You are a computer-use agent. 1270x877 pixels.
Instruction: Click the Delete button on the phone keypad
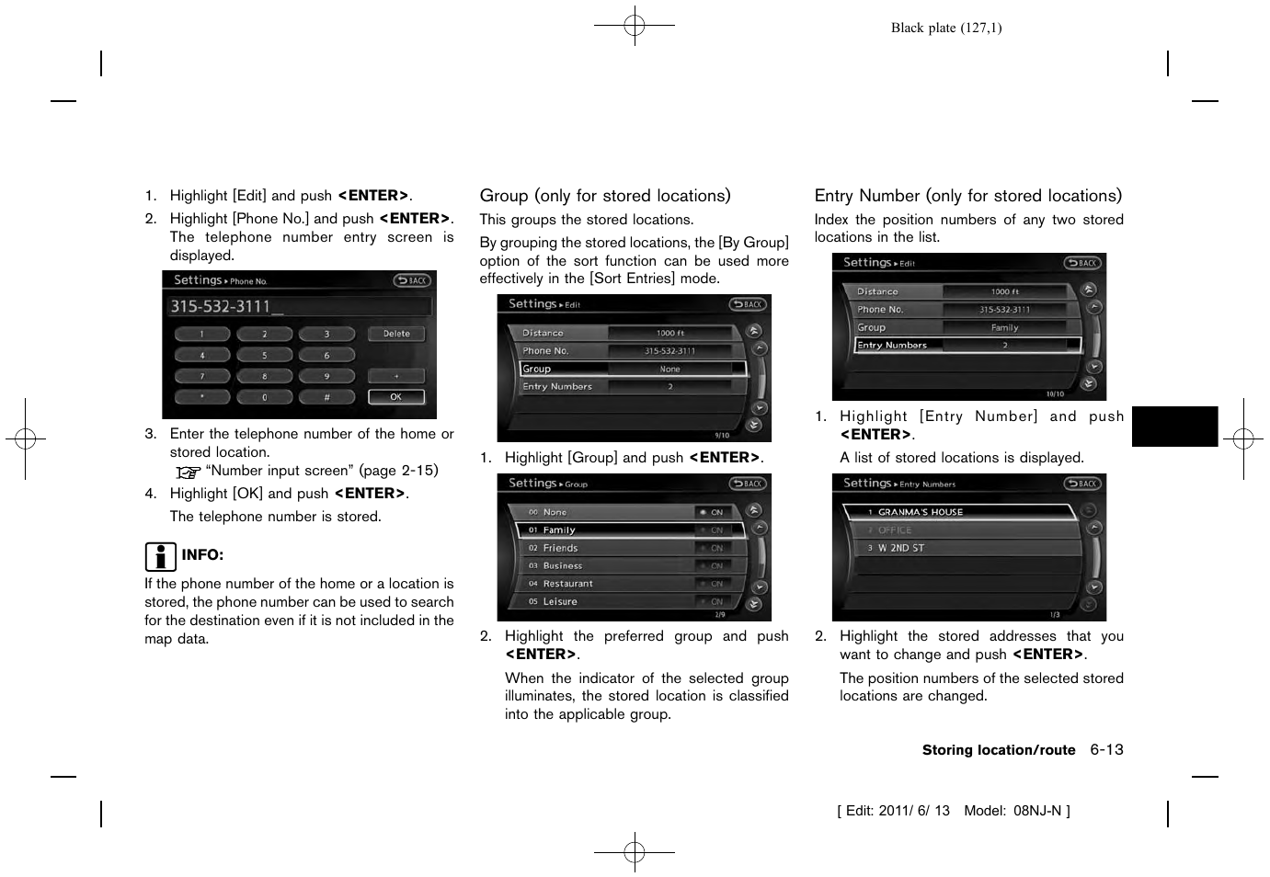(x=396, y=334)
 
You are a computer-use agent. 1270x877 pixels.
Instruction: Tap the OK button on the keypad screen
(x=396, y=397)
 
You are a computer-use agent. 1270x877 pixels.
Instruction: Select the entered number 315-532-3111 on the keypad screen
(x=221, y=307)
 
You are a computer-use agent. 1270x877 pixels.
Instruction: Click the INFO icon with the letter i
(x=160, y=556)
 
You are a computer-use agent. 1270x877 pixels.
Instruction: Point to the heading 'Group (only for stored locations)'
(x=605, y=196)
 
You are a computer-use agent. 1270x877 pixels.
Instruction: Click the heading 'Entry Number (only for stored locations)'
(x=967, y=196)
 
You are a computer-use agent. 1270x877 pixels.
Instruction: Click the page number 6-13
(x=1106, y=750)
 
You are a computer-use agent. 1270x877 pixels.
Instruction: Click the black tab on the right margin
(x=1174, y=427)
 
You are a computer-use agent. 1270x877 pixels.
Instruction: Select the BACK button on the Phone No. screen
(x=412, y=280)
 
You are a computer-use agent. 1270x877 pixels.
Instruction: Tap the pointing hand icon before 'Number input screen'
(x=189, y=473)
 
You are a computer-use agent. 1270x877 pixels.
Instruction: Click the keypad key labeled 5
(x=264, y=355)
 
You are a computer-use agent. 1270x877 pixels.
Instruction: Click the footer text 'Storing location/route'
(x=998, y=750)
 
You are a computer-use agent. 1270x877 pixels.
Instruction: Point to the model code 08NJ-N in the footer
(x=1037, y=811)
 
